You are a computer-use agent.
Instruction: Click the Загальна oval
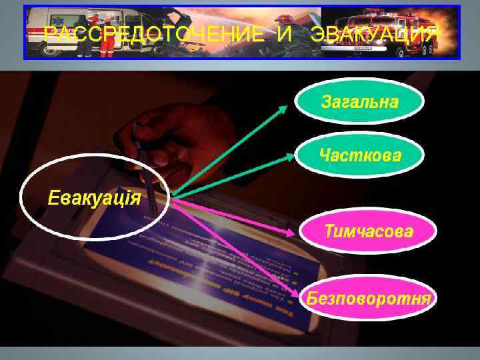tap(360, 102)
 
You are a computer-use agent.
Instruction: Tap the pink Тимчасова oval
tap(369, 231)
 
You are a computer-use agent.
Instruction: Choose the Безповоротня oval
tap(369, 297)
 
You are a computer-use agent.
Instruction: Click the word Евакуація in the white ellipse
tap(94, 197)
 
